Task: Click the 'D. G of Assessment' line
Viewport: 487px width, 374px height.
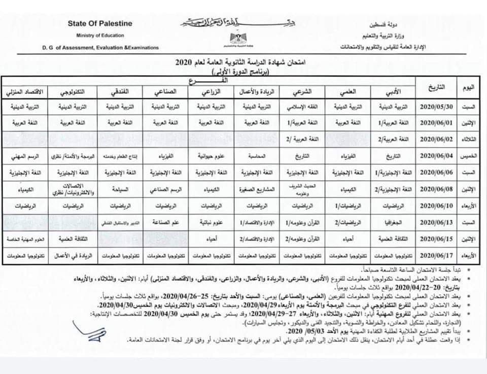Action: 100,48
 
